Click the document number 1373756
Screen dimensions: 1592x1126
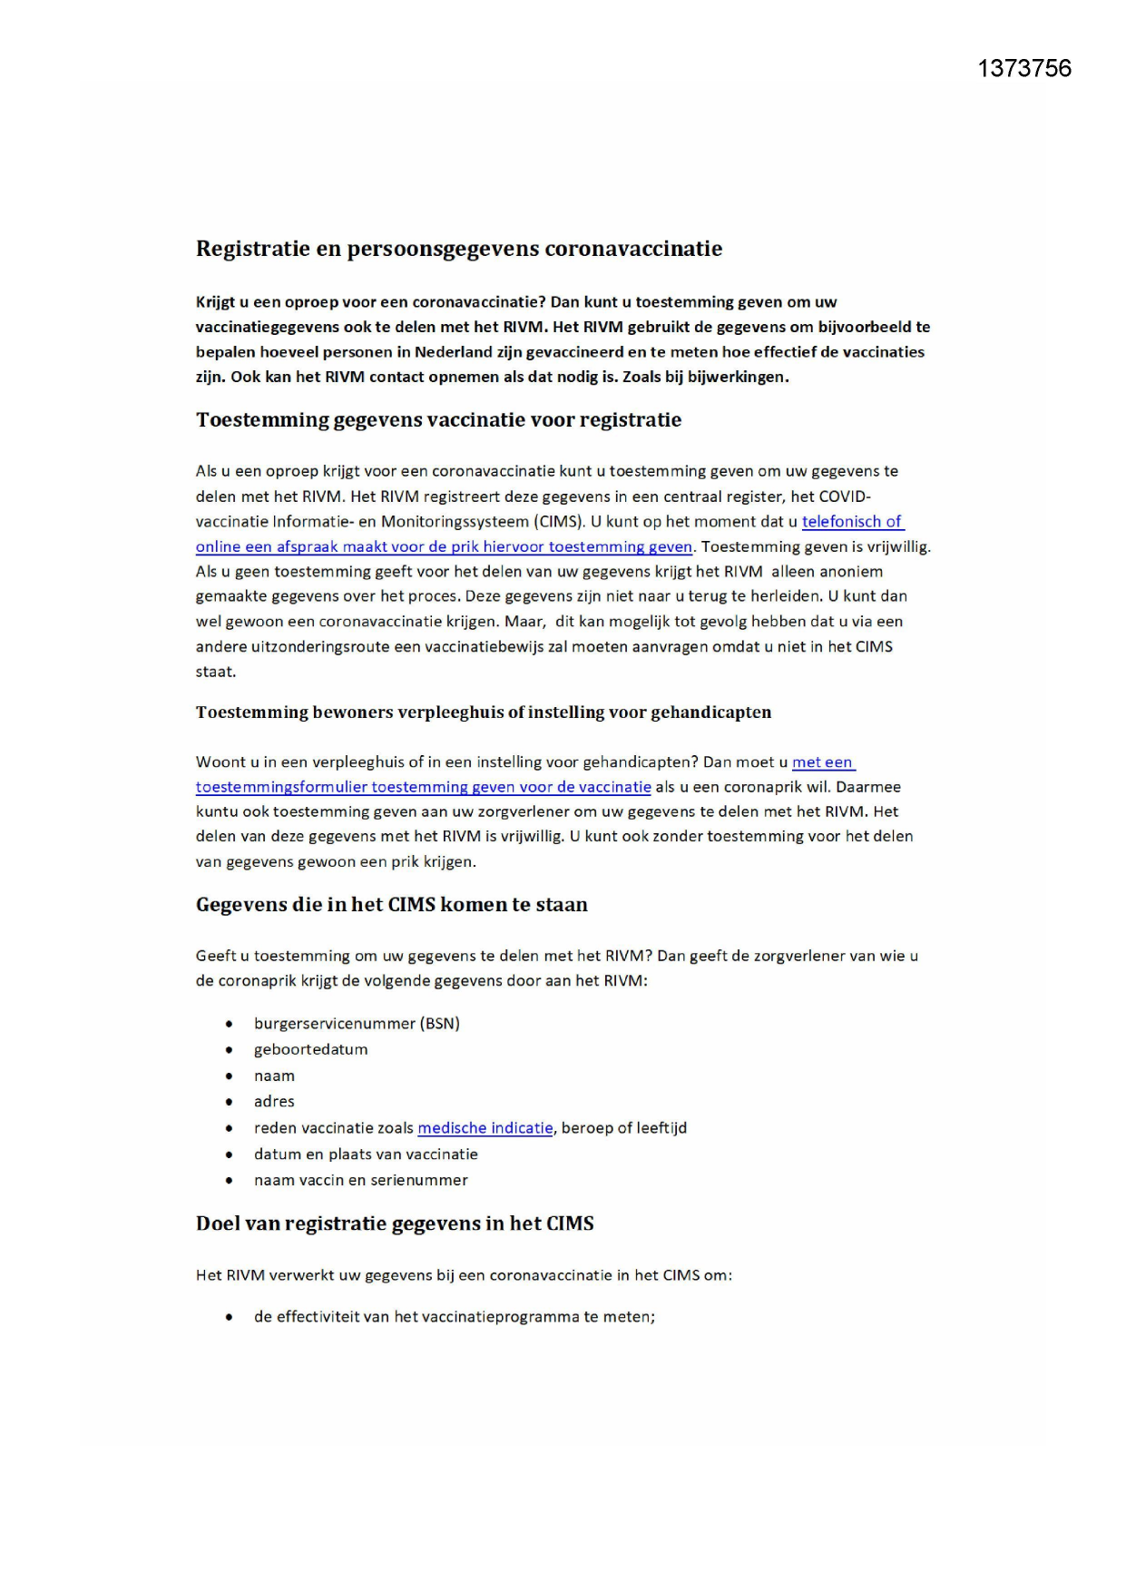pos(1023,69)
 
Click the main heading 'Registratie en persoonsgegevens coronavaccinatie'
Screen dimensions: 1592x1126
pos(459,249)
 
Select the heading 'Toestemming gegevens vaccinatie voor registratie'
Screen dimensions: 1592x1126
pos(438,420)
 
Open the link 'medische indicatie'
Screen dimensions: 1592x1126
pos(485,1128)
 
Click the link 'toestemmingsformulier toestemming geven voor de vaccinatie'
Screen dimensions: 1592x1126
pos(423,787)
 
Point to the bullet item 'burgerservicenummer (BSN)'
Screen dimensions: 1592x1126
pos(357,1024)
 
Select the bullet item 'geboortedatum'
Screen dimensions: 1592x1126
pos(310,1049)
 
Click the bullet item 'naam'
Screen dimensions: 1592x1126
pos(274,1076)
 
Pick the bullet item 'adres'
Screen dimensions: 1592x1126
pos(274,1102)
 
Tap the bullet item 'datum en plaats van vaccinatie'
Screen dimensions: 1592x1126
pos(366,1155)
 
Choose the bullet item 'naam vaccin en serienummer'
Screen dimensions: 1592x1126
pos(360,1181)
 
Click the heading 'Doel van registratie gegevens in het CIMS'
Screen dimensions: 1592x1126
pos(395,1223)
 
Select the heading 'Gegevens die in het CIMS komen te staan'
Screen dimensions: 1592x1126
pos(391,905)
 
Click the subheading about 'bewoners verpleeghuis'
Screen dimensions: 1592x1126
pos(483,712)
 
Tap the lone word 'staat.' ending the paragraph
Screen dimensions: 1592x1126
pos(216,672)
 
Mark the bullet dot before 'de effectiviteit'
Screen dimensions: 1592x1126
pos(230,1317)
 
